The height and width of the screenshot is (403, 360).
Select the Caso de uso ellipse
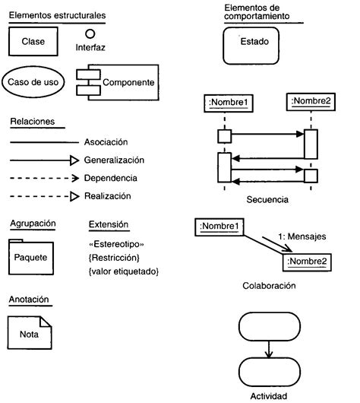(35, 81)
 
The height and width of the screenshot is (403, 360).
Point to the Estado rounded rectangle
(254, 46)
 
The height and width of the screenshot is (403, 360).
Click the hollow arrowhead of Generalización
(74, 160)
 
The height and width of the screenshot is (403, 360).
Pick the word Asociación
(107, 142)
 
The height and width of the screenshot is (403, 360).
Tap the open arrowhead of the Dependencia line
(74, 178)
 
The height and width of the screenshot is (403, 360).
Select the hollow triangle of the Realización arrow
(74, 196)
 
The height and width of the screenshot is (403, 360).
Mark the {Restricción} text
(114, 258)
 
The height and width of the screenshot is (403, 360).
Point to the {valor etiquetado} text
(124, 271)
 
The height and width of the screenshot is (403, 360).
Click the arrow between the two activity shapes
(268, 348)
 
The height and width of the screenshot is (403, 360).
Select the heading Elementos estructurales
(57, 15)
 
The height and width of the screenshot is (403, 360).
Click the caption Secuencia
(268, 200)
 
